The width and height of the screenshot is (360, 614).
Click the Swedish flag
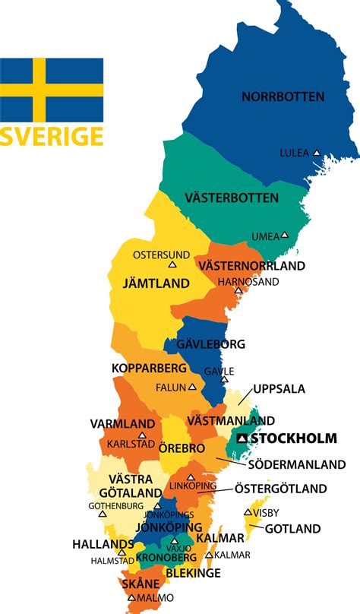coord(52,88)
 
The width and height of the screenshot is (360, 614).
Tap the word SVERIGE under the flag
coord(52,136)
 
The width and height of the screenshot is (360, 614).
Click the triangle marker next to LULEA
coord(317,152)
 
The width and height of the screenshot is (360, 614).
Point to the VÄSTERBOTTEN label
coord(232,198)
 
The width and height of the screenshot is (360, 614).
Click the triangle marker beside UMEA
coord(285,235)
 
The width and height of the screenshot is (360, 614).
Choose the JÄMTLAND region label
coord(156,283)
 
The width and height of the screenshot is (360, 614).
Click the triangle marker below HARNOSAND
coord(238,290)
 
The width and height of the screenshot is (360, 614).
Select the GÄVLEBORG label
coord(210,344)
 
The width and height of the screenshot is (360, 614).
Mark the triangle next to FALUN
coord(193,386)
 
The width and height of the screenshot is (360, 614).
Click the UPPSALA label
coord(279,389)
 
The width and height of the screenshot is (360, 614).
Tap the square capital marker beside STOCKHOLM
coord(242,438)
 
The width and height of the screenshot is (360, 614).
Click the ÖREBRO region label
coord(180,448)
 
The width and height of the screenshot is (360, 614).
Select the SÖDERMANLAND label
coord(296,464)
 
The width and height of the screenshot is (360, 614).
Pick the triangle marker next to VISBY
coord(248,512)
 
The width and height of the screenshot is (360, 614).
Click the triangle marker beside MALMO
coord(131,598)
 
